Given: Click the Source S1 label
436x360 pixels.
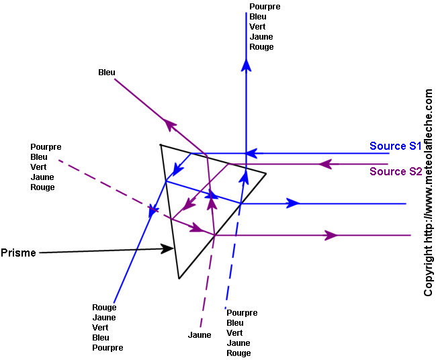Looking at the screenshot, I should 395,146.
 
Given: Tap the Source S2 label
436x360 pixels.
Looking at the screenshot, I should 396,171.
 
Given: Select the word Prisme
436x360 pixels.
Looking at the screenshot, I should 18,253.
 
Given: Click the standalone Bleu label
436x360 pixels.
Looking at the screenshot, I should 106,73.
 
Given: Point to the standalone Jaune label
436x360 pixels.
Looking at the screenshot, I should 200,334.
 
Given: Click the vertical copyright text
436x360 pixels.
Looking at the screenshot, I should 429,193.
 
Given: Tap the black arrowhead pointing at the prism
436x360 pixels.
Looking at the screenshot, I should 168,249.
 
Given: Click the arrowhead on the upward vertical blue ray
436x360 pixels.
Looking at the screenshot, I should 246,64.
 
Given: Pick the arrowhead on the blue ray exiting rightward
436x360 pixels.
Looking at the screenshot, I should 292,203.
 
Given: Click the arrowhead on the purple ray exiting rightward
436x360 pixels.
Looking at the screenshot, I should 331,235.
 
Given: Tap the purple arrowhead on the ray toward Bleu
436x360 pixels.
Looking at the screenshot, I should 169,125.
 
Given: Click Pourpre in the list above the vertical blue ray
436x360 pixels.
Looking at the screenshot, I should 265,7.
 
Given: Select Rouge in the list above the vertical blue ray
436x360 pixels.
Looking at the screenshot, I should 261,47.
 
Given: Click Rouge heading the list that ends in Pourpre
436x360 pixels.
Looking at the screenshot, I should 104,308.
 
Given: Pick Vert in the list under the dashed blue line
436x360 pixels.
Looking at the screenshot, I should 234,333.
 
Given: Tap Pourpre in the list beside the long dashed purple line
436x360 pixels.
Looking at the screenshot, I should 46,147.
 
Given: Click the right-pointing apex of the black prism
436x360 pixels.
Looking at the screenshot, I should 266,174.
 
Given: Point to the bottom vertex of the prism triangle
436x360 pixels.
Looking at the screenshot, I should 179,278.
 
